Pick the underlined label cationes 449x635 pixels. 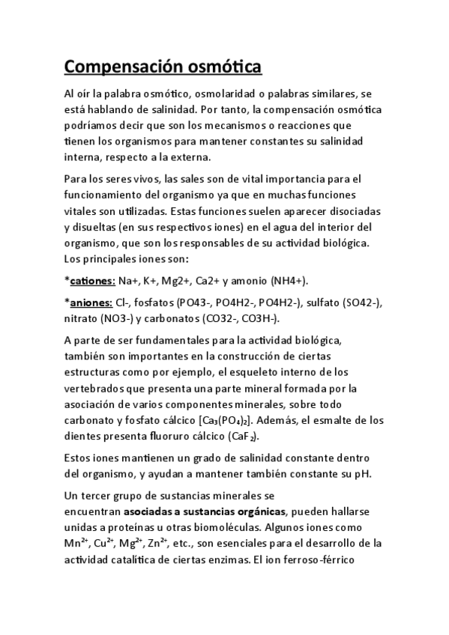(x=92, y=280)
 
